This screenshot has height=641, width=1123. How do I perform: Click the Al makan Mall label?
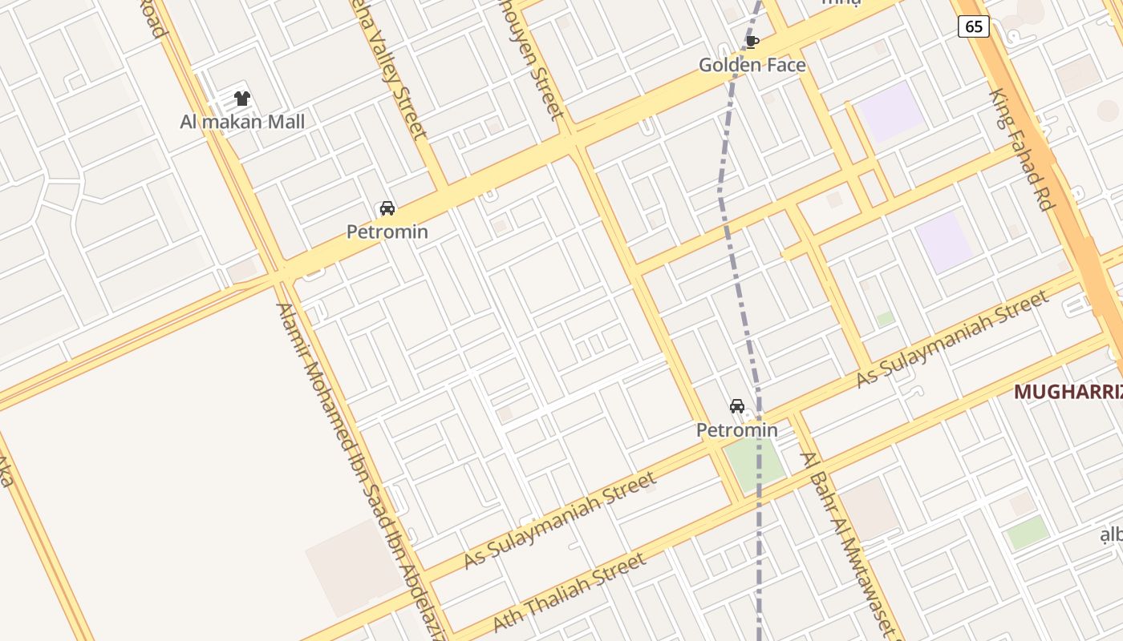(242, 122)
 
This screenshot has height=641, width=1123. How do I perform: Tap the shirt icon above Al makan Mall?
(242, 99)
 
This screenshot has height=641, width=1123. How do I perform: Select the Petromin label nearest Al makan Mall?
(387, 232)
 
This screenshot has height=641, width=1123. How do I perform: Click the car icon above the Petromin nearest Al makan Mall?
(387, 208)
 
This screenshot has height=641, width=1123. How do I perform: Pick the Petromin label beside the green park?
(736, 430)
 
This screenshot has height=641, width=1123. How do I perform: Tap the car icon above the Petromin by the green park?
(737, 406)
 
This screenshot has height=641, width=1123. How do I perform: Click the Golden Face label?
(752, 65)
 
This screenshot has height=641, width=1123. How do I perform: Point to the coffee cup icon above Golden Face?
(752, 42)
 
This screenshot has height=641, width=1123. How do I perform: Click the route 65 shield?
(973, 26)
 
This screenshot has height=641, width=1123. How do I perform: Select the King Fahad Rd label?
(1021, 150)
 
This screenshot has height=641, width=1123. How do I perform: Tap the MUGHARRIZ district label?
(1067, 392)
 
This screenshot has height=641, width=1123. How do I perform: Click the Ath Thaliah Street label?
(569, 592)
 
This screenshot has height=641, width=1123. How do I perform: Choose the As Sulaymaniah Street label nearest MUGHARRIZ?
(952, 339)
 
